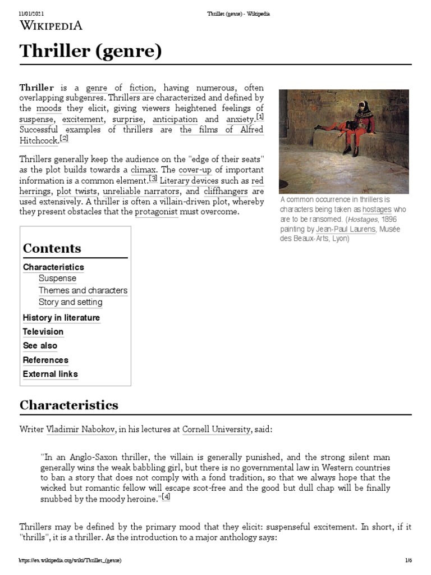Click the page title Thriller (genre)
pos(90,52)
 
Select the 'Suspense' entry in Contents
pos(57,279)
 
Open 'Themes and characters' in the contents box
pos(83,290)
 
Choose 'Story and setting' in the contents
pos(70,302)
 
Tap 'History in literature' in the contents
pos(61,318)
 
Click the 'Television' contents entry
pos(43,332)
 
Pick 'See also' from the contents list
pos(40,346)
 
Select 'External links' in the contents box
pos(51,374)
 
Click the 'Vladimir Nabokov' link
pos(81,429)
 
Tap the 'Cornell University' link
pos(217,429)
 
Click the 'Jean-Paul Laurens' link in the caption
pos(346,230)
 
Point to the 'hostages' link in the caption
pos(377,209)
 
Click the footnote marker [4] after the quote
pos(166,496)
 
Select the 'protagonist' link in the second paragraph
pos(156,212)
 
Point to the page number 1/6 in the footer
pos(408,561)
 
